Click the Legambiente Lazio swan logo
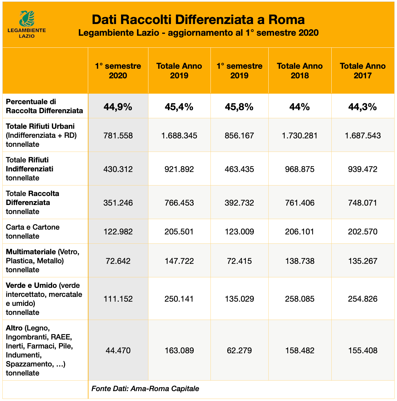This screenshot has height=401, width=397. pyautogui.click(x=26, y=19)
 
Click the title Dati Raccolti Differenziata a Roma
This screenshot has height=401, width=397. pyautogui.click(x=198, y=20)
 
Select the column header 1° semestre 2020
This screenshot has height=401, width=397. pyautogui.click(x=118, y=71)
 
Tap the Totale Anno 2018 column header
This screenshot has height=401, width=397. pyautogui.click(x=300, y=71)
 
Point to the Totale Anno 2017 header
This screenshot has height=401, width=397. pyautogui.click(x=363, y=71)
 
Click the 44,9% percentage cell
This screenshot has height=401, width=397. pyautogui.click(x=118, y=107)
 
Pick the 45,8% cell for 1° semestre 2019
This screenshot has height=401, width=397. pyautogui.click(x=239, y=107)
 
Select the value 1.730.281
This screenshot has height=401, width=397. pyautogui.click(x=300, y=135)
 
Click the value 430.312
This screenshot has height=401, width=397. pyautogui.click(x=118, y=169)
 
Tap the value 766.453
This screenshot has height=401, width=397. pyautogui.click(x=179, y=203)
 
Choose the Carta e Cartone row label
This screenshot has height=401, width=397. pyautogui.click(x=33, y=231)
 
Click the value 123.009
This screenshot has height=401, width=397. pyautogui.click(x=239, y=231)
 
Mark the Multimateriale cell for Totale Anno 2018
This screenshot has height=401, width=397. pyautogui.click(x=300, y=261)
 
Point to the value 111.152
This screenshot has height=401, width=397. pyautogui.click(x=118, y=299)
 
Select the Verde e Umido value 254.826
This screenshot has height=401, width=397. pyautogui.click(x=363, y=299)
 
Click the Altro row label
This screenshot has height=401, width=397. pyautogui.click(x=39, y=350)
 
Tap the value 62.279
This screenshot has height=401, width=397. pyautogui.click(x=239, y=350)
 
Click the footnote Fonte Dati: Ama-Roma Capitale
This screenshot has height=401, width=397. pyautogui.click(x=145, y=389)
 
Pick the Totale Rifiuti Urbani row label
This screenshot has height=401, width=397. pyautogui.click(x=41, y=135)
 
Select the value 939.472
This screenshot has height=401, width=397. pyautogui.click(x=363, y=169)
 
